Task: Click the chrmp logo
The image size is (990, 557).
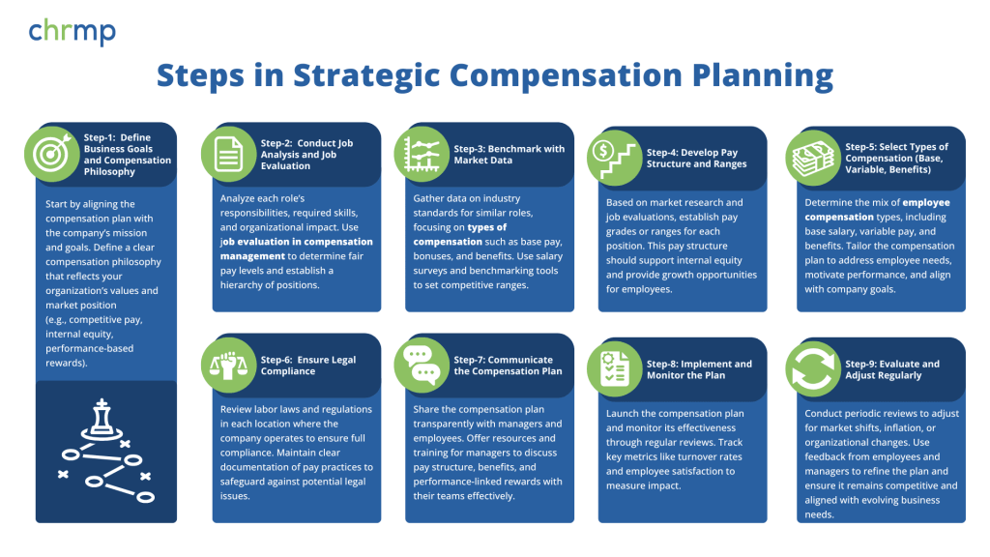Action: [72, 32]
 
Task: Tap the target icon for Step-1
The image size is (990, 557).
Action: [52, 154]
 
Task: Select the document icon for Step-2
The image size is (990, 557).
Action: [228, 154]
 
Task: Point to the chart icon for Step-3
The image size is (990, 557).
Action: [422, 154]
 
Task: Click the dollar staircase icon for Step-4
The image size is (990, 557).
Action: [615, 158]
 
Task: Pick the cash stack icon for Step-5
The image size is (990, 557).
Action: [813, 158]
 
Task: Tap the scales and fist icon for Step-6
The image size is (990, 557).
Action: [228, 365]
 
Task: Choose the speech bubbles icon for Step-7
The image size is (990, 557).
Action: [422, 365]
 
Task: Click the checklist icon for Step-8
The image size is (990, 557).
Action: [615, 368]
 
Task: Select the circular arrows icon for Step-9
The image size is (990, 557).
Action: [813, 368]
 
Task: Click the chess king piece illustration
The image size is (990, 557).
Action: [102, 419]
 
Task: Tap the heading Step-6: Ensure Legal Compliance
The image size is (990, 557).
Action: [308, 366]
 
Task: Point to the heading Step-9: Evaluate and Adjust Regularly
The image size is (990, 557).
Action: [892, 369]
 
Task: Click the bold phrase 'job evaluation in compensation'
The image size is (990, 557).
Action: [297, 242]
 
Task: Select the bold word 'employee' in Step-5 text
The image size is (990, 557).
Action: [926, 203]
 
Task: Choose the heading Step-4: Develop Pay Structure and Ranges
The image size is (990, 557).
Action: [696, 159]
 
